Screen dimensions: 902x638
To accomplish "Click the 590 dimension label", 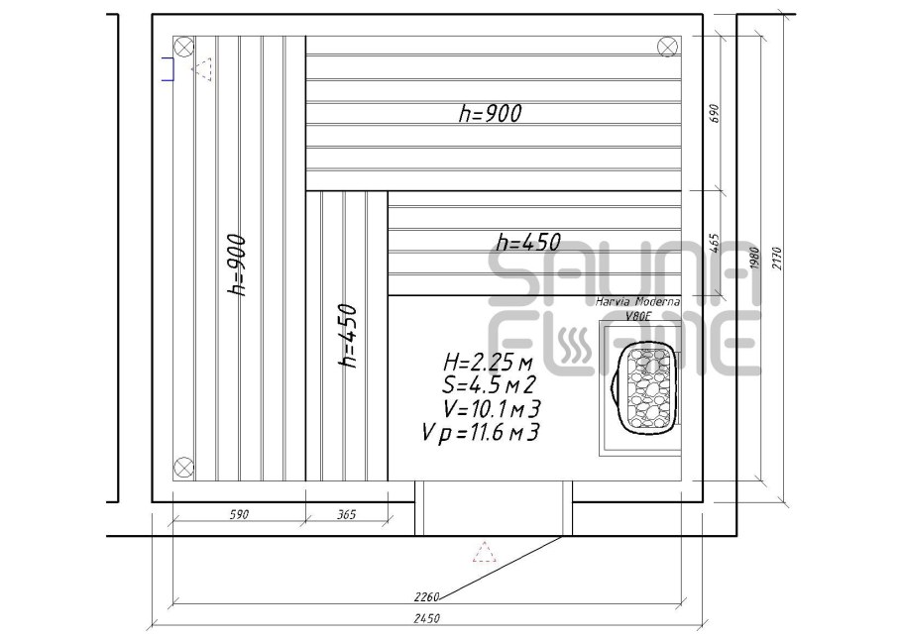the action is tap(239, 514).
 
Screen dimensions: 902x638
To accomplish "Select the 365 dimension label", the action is tap(346, 514).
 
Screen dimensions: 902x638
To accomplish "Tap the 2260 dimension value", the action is tap(426, 596).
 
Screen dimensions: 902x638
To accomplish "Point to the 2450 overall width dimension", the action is tap(426, 618).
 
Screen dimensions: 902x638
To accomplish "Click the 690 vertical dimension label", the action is tap(715, 113).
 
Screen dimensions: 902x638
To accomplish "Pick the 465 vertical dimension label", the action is tap(715, 243).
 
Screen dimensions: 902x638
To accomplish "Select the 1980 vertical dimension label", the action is tap(755, 259).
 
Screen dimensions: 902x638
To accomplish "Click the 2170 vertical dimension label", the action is tap(777, 259).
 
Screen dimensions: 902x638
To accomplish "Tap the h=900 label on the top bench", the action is tap(491, 113).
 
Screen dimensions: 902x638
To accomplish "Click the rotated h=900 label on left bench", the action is tap(237, 265).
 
